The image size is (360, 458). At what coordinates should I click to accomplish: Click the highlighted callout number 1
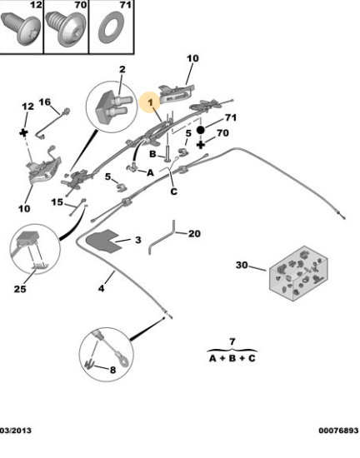click(x=150, y=102)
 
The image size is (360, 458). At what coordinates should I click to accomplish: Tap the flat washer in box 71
click(x=111, y=27)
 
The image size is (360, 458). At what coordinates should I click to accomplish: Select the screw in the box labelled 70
click(x=67, y=28)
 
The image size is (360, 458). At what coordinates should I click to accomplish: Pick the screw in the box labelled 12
click(x=21, y=29)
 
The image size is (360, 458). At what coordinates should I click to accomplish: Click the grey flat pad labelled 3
click(x=102, y=241)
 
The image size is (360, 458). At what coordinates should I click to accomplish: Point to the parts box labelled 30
click(x=298, y=273)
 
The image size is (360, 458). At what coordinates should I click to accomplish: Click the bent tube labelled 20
click(x=162, y=237)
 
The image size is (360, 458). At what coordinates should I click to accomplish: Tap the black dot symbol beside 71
click(x=201, y=130)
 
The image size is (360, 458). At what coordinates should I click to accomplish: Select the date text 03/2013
click(x=16, y=431)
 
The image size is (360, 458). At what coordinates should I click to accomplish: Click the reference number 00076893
click(x=338, y=431)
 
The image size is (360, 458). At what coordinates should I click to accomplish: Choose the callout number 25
click(x=20, y=289)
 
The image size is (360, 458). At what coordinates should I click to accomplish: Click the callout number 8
click(x=112, y=370)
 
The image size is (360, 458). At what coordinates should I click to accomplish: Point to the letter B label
click(x=152, y=154)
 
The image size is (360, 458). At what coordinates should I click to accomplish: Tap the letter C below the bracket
click(x=173, y=192)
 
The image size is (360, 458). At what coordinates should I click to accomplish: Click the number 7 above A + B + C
click(x=232, y=341)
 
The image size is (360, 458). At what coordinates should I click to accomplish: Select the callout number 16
click(x=45, y=102)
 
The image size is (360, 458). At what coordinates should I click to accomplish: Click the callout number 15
click(x=57, y=202)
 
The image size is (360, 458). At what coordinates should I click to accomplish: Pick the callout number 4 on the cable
click(x=101, y=289)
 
